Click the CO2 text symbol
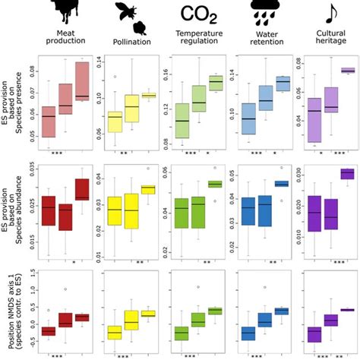click(x=198, y=13)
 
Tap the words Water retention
click(x=264, y=39)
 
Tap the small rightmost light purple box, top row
click(x=348, y=71)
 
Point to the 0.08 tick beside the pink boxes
click(x=31, y=73)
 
